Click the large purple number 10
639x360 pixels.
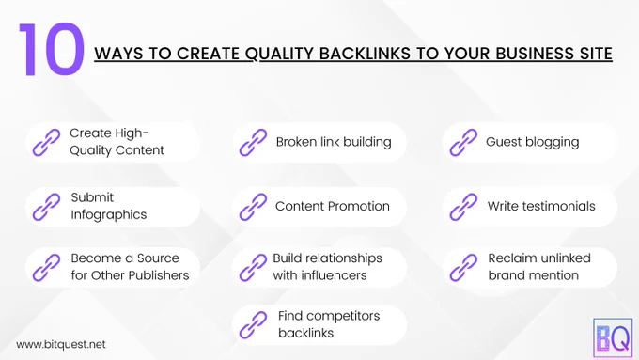[52, 50]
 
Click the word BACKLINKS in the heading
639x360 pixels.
[365, 54]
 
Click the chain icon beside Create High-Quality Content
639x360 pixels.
[46, 143]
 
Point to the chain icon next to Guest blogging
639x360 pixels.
[463, 143]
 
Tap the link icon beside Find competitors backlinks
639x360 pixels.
[253, 325]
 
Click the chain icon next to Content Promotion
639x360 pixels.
[253, 207]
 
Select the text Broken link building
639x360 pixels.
[334, 142]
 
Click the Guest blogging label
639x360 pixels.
[532, 142]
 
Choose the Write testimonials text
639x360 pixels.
[541, 206]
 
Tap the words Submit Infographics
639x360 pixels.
[108, 206]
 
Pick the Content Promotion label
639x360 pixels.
[332, 206]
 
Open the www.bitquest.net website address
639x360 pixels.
[61, 345]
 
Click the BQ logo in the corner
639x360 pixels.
[613, 338]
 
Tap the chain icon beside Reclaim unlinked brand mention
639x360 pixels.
[463, 268]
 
